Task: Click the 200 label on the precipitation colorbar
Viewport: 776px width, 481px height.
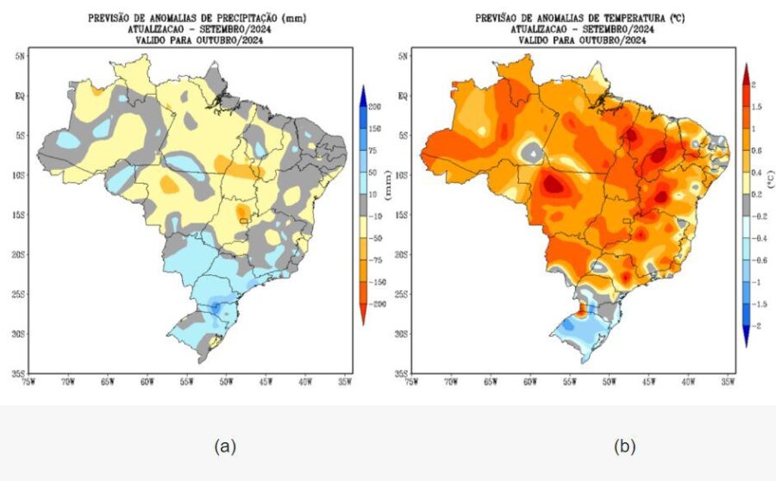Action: (x=376, y=106)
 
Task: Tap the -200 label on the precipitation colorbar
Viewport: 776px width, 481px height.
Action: (x=376, y=304)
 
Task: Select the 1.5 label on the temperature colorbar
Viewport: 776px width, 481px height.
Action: (x=755, y=106)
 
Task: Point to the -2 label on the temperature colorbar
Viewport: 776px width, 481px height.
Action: (x=755, y=326)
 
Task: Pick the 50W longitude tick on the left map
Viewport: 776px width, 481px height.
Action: (x=225, y=381)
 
